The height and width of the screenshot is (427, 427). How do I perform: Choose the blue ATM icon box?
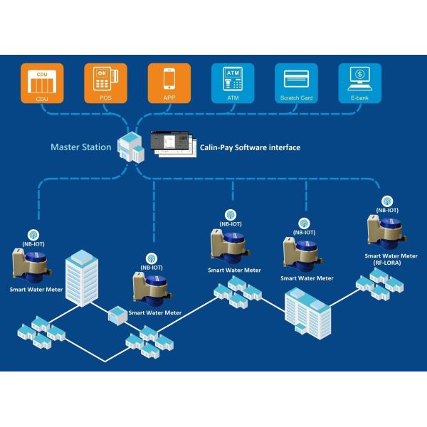(x=231, y=83)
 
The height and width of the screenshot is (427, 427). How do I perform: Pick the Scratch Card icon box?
(x=295, y=83)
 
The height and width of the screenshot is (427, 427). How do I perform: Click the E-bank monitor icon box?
(x=359, y=83)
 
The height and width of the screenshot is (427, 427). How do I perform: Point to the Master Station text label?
(x=80, y=147)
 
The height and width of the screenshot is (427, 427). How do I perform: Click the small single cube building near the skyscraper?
(x=117, y=314)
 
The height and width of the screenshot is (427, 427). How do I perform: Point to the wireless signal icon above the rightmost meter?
(x=387, y=201)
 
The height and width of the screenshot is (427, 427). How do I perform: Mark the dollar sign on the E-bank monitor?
(x=360, y=74)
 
